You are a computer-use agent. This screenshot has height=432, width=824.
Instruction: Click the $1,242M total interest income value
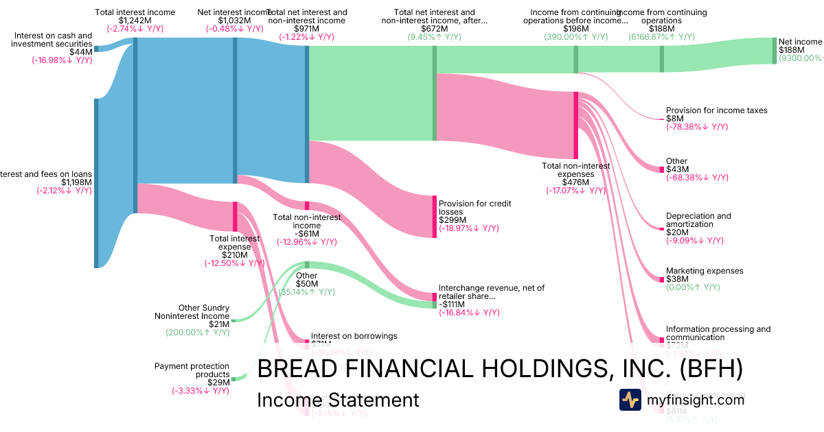tap(135, 21)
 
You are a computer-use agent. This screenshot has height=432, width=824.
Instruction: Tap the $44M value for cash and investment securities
tap(80, 51)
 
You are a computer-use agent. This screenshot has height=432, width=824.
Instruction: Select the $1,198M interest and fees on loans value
tap(76, 182)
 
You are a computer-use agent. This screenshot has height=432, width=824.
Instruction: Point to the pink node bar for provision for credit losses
tap(434, 217)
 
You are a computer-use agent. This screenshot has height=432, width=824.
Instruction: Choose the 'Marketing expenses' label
tap(705, 271)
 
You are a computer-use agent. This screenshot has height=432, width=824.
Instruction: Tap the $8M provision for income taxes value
tap(674, 119)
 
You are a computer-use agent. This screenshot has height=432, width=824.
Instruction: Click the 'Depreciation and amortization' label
tap(698, 221)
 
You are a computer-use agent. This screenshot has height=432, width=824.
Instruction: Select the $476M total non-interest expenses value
tap(575, 182)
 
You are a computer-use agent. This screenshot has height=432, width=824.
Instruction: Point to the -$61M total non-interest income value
tap(306, 234)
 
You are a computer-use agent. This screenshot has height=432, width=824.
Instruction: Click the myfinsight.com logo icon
tap(630, 400)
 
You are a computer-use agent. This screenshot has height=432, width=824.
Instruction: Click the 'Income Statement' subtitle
tap(337, 400)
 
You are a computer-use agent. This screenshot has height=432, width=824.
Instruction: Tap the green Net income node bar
tap(774, 51)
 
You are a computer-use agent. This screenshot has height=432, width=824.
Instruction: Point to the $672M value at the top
tap(434, 29)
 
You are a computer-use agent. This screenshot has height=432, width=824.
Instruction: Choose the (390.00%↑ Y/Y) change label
tap(575, 38)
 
